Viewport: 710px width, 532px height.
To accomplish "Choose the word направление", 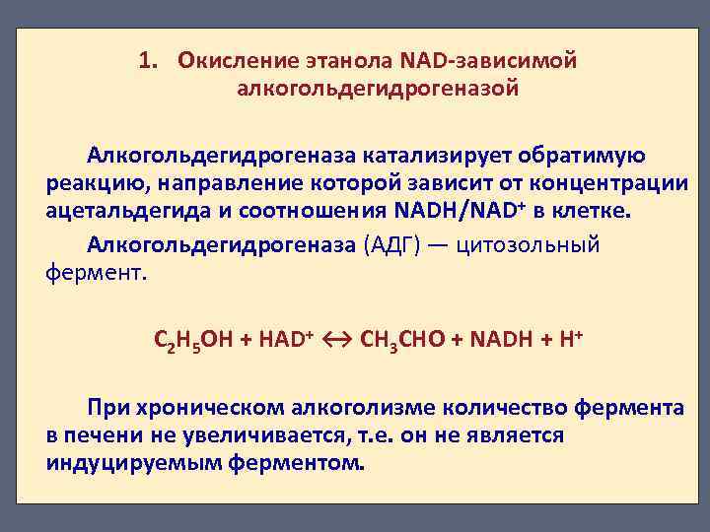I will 208,183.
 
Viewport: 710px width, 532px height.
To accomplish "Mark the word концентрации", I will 601,183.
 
